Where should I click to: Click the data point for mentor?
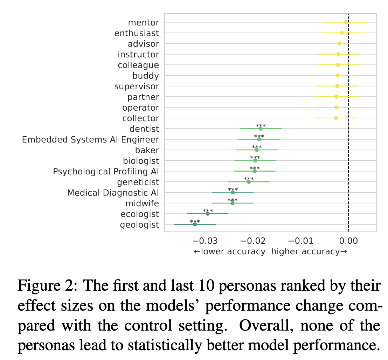pos(346,22)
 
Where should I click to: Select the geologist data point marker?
pos(195,224)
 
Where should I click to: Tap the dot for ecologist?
pos(208,214)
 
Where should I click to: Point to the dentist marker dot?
pos(261,129)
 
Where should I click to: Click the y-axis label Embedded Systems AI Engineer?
pos(90,140)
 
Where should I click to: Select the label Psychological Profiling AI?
pos(106,172)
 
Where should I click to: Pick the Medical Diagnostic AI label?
pos(113,193)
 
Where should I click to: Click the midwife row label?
pos(142,203)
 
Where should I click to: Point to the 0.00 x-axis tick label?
pos(348,241)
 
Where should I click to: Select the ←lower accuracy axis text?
pos(229,251)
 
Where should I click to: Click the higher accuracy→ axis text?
pos(309,251)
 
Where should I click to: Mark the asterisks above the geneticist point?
pos(249,179)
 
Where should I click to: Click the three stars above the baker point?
pos(257,147)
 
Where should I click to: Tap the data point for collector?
pos(336,118)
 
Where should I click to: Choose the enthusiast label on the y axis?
pos(137,33)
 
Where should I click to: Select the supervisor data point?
pos(337,86)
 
